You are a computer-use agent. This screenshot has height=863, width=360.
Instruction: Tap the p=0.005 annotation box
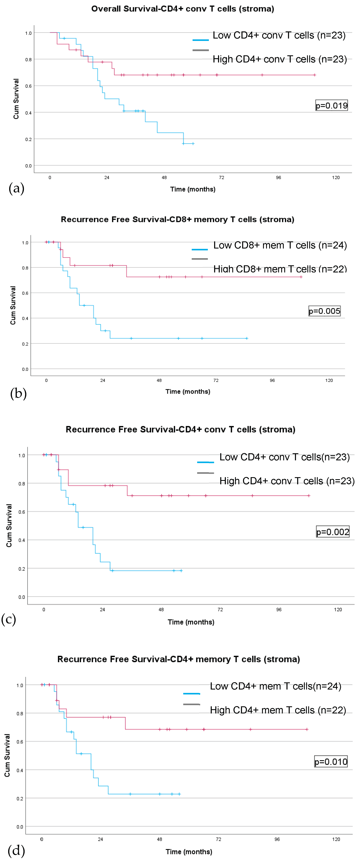[x=324, y=311]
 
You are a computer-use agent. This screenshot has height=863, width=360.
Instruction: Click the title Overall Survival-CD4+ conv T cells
[x=183, y=9]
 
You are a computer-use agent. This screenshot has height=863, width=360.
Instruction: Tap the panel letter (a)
[x=16, y=188]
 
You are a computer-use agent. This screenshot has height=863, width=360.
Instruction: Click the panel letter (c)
[x=9, y=619]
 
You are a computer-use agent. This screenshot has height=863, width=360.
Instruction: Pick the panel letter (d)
[x=16, y=850]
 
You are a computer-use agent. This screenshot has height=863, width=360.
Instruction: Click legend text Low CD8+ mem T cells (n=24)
[x=280, y=245]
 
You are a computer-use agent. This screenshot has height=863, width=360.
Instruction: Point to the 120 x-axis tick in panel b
[x=329, y=380]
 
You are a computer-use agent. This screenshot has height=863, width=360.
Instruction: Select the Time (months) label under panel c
[x=191, y=622]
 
